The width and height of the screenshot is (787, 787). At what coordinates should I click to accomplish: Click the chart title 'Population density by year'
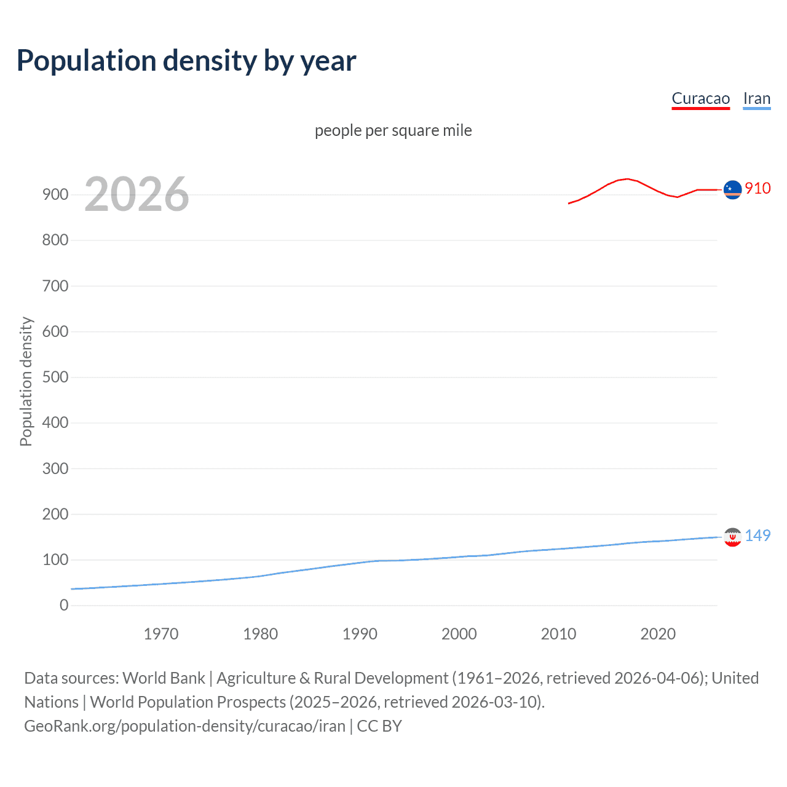(186, 60)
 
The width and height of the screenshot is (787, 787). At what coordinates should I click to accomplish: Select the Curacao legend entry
(700, 98)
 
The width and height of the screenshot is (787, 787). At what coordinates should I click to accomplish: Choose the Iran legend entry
(756, 98)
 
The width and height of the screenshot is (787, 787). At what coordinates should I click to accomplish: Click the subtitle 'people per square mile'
(393, 130)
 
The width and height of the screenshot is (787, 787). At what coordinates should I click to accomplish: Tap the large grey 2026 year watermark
(136, 194)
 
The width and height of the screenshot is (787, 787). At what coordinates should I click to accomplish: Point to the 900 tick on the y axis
(55, 194)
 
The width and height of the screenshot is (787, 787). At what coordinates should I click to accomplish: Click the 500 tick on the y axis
(55, 377)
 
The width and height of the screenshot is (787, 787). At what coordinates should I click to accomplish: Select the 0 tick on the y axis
(64, 605)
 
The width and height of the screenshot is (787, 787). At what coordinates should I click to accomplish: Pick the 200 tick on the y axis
(55, 514)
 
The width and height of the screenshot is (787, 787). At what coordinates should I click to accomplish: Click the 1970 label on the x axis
(161, 634)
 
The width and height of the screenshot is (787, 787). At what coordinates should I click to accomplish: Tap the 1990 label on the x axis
(360, 634)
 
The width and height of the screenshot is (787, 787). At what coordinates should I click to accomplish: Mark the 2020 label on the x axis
(658, 634)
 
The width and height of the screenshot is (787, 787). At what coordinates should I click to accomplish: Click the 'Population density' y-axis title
(26, 381)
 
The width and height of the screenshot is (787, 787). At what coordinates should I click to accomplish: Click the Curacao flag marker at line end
(732, 190)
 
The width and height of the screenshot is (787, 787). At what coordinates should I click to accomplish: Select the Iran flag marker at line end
(732, 537)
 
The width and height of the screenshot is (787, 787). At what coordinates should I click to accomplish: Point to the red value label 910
(757, 188)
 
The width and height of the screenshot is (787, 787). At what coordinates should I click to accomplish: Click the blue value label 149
(757, 536)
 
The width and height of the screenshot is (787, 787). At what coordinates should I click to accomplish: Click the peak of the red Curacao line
(627, 179)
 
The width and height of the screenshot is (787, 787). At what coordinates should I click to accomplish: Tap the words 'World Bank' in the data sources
(164, 678)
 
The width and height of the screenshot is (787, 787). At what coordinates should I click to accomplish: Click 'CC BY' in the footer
(379, 726)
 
